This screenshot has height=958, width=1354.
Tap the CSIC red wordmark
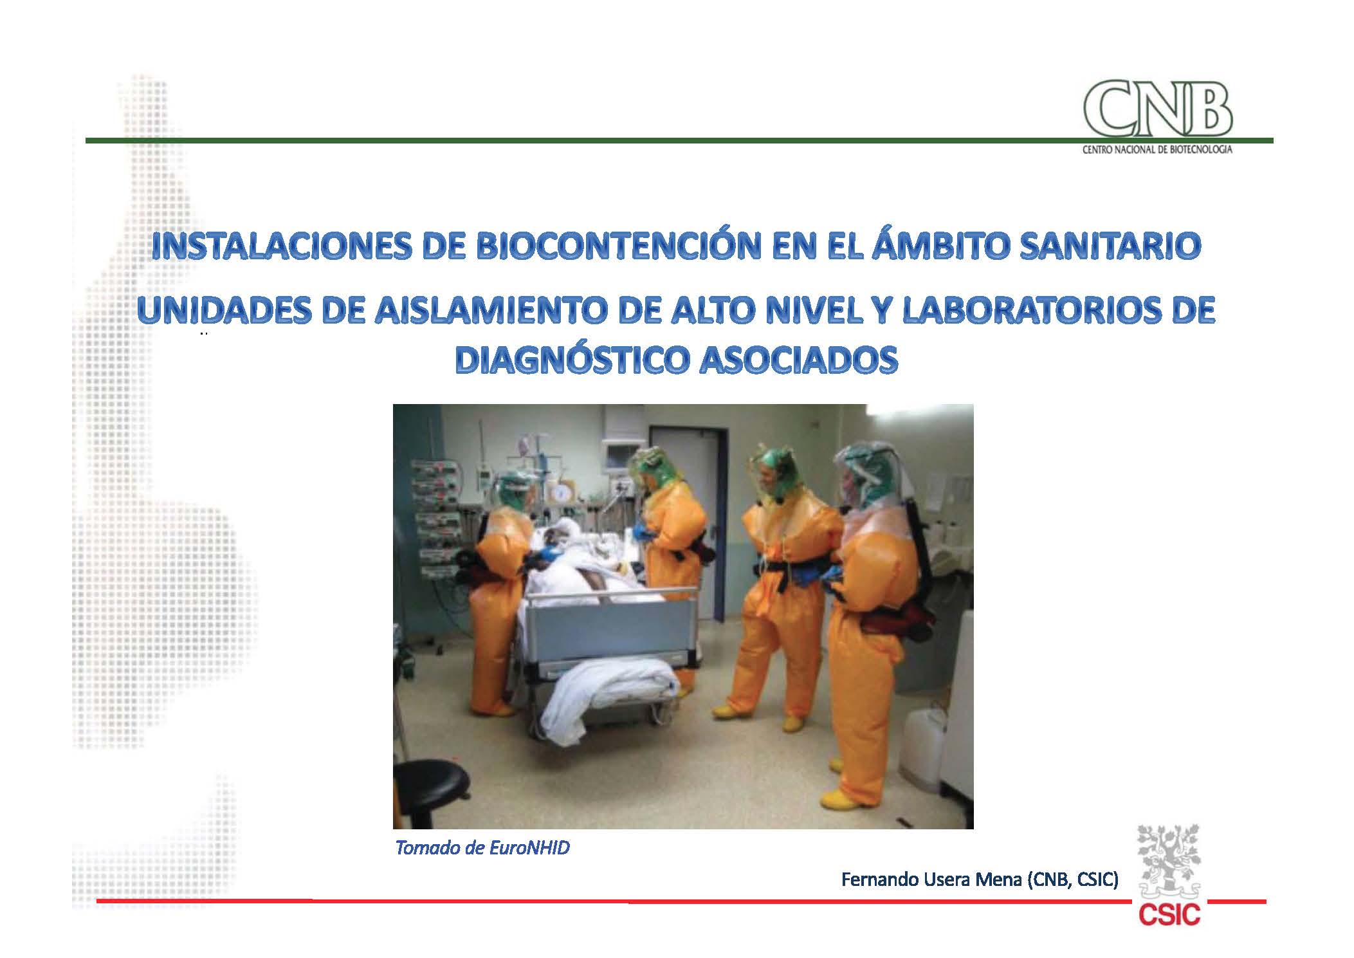(x=1169, y=914)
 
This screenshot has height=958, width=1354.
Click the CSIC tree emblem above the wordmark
(x=1169, y=862)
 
